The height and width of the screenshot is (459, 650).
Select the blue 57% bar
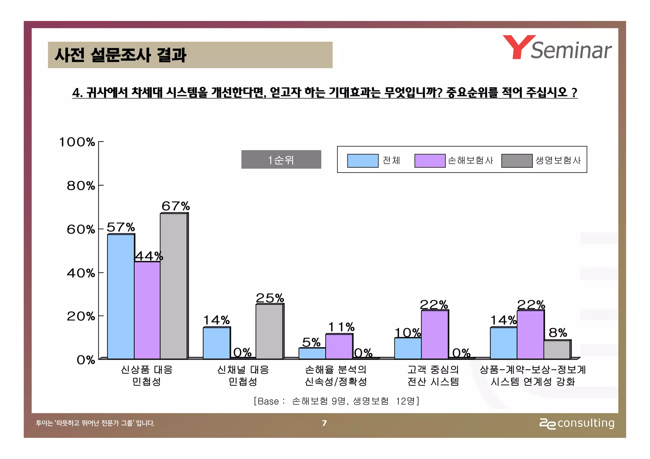coord(121,297)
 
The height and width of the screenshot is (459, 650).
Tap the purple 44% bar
coord(147,310)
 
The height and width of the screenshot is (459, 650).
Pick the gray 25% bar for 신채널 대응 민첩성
coord(269,331)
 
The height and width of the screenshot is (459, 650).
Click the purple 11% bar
coord(339,346)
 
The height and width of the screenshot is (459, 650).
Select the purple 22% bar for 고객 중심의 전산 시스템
coord(434,335)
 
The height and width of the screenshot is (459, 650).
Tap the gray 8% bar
coord(557,350)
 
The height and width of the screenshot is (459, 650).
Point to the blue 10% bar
coord(408,348)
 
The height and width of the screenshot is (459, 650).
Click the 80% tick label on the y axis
coord(81,186)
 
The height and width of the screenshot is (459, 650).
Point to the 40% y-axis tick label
coord(81,273)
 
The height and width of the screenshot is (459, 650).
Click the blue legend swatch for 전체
coord(363,161)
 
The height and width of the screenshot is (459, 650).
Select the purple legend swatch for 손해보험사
coord(430,161)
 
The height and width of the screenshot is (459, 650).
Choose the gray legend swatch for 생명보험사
coord(517,161)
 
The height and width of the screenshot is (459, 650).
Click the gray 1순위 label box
coord(281,160)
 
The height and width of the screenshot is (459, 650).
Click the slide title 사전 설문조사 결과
coord(120,55)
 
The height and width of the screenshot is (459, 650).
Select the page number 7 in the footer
coord(324,423)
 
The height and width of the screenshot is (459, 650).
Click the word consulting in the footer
coord(586,423)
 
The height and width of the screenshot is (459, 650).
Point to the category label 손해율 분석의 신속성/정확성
coord(335,376)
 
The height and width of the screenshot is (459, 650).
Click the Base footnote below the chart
coord(336,401)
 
